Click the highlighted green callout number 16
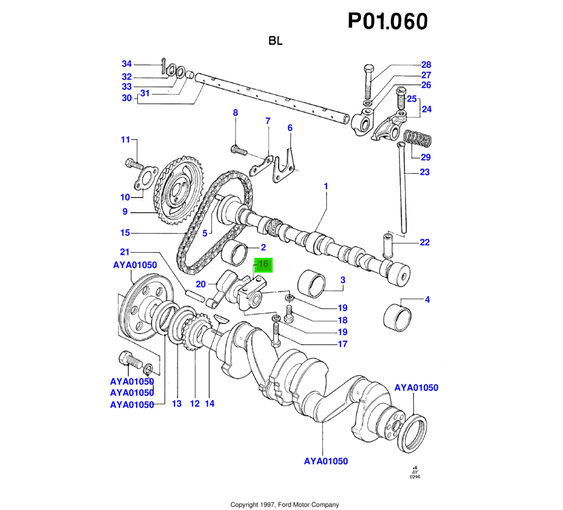263,265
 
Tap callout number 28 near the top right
426,65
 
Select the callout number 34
127,64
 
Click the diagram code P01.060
388,22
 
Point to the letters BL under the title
276,41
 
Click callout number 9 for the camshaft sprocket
124,211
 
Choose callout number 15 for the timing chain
126,233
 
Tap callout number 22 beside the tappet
424,242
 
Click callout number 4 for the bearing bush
426,300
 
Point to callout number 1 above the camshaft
326,186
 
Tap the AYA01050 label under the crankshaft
325,461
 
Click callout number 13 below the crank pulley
177,404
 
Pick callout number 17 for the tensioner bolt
342,345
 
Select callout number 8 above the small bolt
235,113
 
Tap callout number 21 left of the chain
124,252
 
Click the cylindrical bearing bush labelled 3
312,283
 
